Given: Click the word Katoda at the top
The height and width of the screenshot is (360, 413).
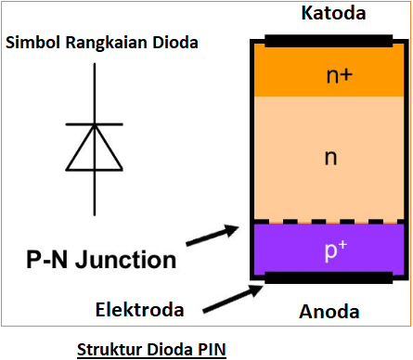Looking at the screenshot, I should point(334,14).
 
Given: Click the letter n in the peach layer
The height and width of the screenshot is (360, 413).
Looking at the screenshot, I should point(330,157).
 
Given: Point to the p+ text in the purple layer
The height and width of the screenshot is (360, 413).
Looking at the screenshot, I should point(331,250).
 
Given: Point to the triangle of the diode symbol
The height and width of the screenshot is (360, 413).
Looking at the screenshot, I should point(94,147).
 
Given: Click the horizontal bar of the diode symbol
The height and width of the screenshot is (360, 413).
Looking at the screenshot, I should point(94,124).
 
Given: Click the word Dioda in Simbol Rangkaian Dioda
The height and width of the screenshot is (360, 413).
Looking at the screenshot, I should point(176,43).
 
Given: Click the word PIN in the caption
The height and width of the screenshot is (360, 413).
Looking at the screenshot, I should point(212,349).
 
